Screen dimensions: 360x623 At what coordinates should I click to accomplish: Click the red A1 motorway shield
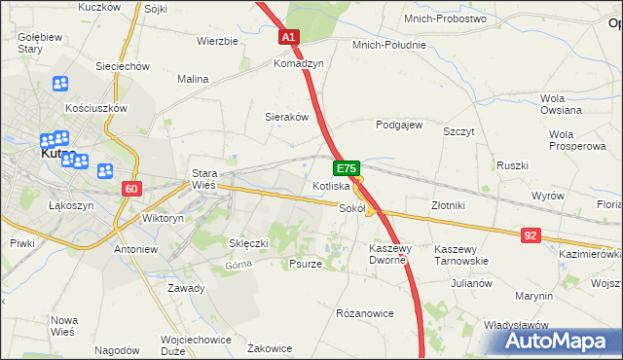point(289,37)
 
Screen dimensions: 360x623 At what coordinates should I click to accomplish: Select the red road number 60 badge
point(133,187)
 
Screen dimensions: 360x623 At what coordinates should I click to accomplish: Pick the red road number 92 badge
point(530,234)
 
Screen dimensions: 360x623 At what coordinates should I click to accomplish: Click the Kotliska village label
point(331,185)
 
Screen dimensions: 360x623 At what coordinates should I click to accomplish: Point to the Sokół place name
point(351,207)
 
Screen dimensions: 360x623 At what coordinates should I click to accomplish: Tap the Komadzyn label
point(298,62)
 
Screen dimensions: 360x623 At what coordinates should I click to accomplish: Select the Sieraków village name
point(287,116)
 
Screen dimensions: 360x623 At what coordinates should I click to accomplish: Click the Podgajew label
point(399,125)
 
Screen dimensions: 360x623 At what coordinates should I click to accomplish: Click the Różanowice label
point(364,313)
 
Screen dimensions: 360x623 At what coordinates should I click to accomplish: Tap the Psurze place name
point(306,264)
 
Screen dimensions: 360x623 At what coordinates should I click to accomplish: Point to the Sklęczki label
point(247,242)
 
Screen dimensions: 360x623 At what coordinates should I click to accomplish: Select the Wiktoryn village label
point(163,219)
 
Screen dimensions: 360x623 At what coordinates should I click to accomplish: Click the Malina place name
point(194,79)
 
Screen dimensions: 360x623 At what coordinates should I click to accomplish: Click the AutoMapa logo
point(558,342)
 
